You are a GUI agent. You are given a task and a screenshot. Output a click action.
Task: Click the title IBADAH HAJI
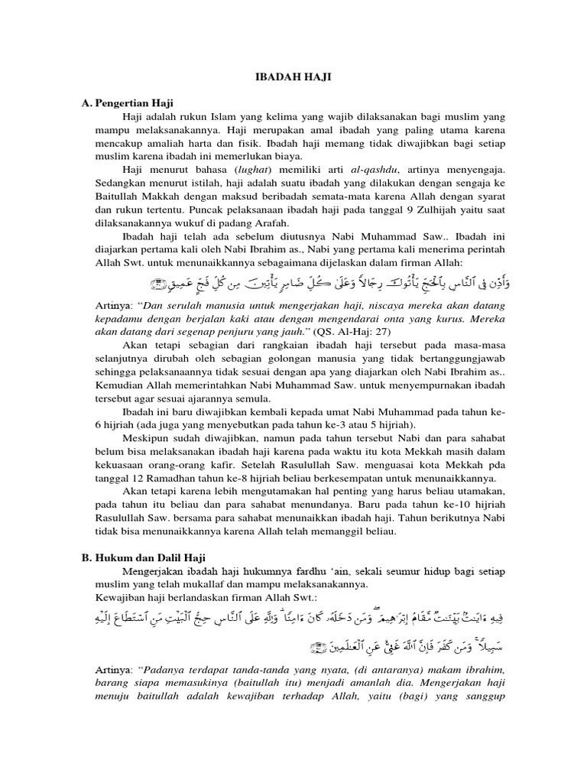coord(293,77)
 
